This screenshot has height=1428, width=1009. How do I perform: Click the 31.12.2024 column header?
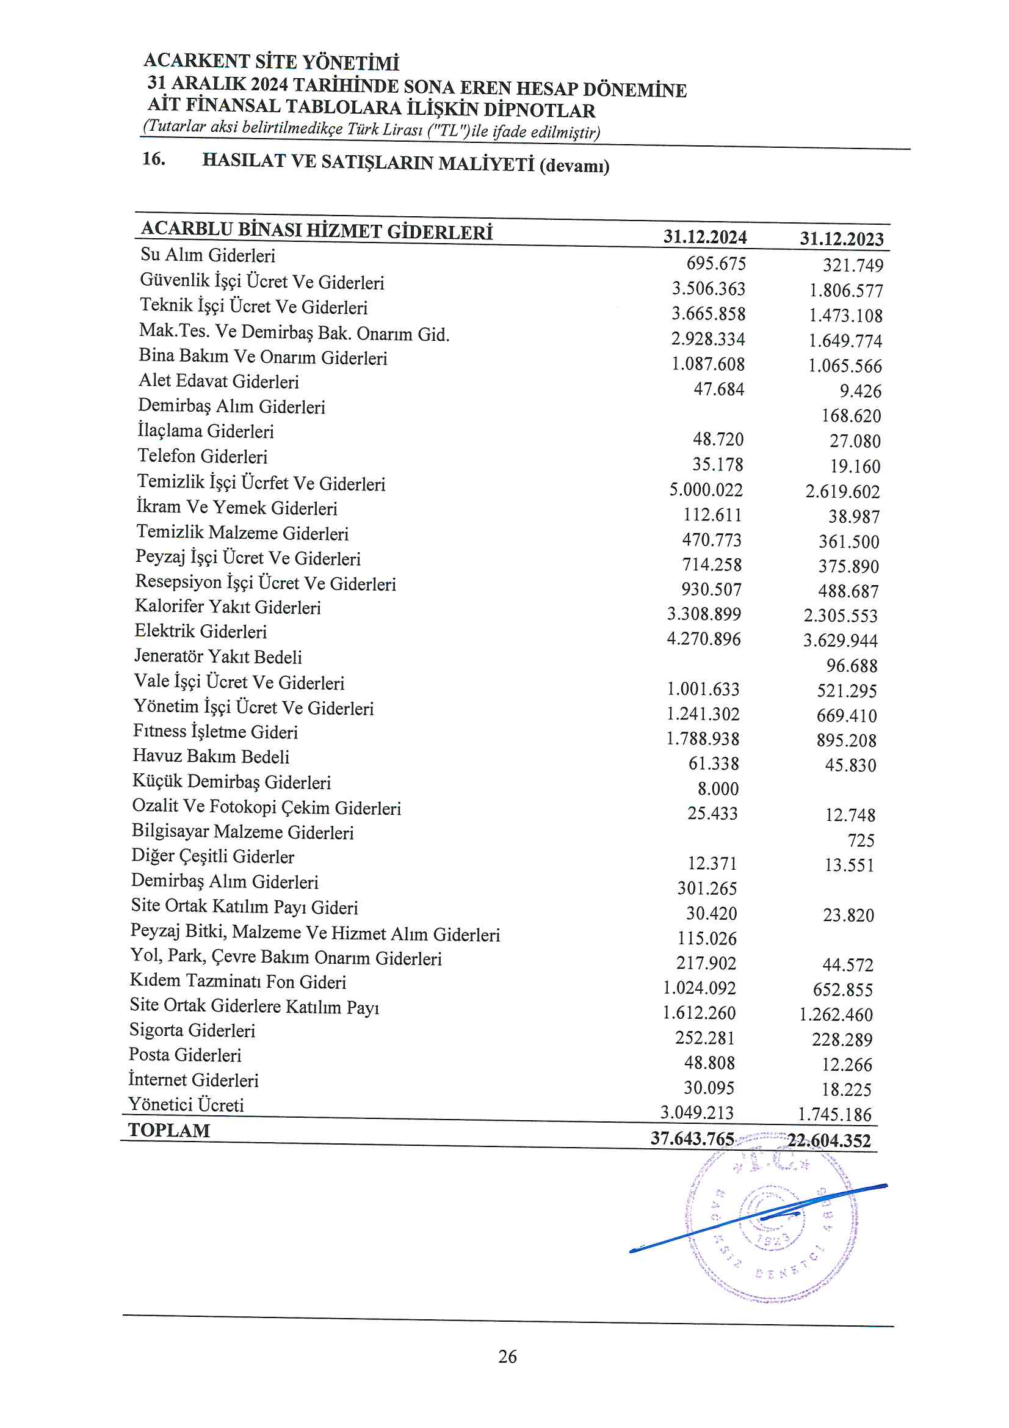click(704, 237)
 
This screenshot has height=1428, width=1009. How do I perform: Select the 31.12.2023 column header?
click(841, 239)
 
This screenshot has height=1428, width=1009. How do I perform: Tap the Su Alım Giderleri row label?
click(208, 255)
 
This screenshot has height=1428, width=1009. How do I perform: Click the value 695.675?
click(715, 264)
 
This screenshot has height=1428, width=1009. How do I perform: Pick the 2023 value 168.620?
click(851, 416)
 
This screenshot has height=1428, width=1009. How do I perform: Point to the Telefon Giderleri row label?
click(203, 456)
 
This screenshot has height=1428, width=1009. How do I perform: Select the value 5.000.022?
click(706, 490)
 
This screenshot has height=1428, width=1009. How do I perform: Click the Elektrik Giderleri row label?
click(201, 632)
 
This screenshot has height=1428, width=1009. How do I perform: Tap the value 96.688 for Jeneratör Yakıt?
click(852, 666)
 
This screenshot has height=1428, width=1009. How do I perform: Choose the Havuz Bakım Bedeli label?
click(211, 756)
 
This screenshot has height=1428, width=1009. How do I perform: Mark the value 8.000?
click(718, 789)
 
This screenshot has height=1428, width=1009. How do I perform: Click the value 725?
click(861, 841)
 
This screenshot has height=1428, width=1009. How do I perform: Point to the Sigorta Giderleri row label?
click(192, 1030)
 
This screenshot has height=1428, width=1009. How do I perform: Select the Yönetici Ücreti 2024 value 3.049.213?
click(697, 1113)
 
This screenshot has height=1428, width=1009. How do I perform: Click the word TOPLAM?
click(169, 1131)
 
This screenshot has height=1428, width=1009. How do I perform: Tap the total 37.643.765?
click(693, 1138)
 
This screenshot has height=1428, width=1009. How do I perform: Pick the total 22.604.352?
click(830, 1141)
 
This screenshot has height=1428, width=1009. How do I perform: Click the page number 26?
click(507, 1357)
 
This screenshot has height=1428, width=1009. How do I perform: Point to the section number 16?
click(154, 159)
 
